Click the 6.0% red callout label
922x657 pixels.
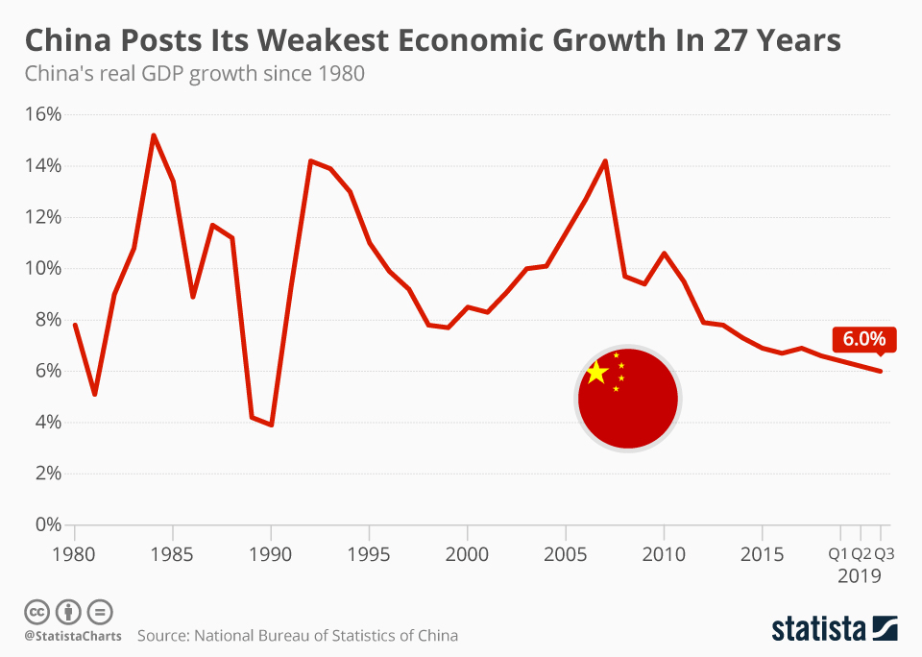(x=864, y=339)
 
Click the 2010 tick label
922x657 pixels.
(x=663, y=554)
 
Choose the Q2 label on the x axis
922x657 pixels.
(x=861, y=554)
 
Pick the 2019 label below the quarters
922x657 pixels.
(x=860, y=576)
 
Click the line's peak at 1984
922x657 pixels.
(x=154, y=135)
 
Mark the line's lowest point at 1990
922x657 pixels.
(x=272, y=425)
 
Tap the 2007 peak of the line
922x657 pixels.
(x=605, y=160)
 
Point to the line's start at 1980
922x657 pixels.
(x=75, y=325)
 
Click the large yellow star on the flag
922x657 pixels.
(x=596, y=373)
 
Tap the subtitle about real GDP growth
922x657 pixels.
(x=194, y=74)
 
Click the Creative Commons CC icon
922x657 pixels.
(x=36, y=612)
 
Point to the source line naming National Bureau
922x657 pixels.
(x=298, y=636)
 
